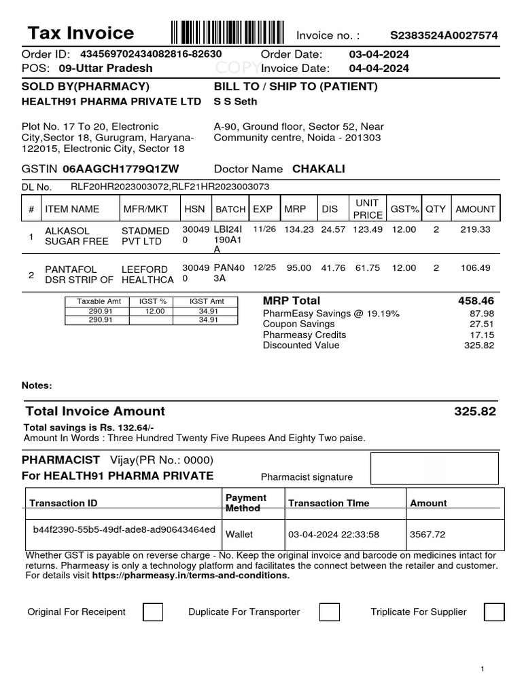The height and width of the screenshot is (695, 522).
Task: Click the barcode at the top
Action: click(x=227, y=33)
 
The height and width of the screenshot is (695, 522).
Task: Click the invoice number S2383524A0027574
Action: click(x=443, y=35)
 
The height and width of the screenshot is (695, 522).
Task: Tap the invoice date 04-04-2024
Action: click(x=379, y=68)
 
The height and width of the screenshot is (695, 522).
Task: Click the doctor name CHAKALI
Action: click(x=318, y=169)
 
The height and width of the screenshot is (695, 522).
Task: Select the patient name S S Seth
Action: click(x=236, y=102)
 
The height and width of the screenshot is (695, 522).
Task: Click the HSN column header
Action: click(x=194, y=209)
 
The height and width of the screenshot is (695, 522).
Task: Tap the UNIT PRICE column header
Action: click(x=368, y=209)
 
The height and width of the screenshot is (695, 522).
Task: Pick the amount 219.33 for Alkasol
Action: click(x=475, y=230)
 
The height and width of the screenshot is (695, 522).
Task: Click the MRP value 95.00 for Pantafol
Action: click(x=298, y=268)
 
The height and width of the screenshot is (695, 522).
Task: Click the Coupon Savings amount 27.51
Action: click(x=483, y=324)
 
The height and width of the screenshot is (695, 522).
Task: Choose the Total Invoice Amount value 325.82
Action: click(x=475, y=411)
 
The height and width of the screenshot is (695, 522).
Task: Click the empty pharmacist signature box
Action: click(x=434, y=468)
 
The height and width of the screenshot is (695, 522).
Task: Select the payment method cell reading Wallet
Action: click(x=239, y=534)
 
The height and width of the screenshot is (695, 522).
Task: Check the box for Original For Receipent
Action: click(x=153, y=612)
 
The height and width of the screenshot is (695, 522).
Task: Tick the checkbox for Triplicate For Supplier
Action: click(x=494, y=612)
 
